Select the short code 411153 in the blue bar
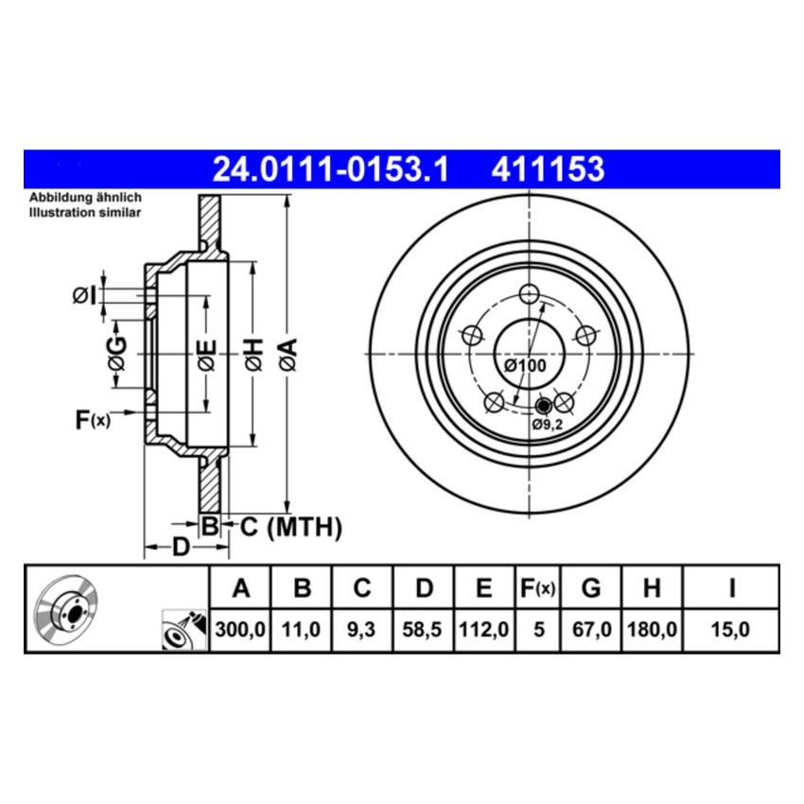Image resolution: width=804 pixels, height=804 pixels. pyautogui.click(x=546, y=169)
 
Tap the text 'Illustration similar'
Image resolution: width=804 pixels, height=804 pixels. pyautogui.click(x=85, y=213)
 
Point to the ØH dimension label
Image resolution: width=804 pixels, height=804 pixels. pyautogui.click(x=253, y=353)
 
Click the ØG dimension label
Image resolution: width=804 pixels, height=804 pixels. pyautogui.click(x=116, y=353)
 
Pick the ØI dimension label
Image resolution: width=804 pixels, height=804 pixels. pyautogui.click(x=84, y=296)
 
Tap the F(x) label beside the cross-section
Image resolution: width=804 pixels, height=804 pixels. pyautogui.click(x=93, y=419)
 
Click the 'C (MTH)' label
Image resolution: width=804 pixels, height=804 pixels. pyautogui.click(x=289, y=528)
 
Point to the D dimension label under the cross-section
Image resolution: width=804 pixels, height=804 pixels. pyautogui.click(x=181, y=547)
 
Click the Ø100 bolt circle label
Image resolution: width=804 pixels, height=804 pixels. pyautogui.click(x=525, y=365)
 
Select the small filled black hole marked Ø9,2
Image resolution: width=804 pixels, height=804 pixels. pyautogui.click(x=543, y=407)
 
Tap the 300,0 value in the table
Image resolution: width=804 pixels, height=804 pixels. pyautogui.click(x=240, y=627)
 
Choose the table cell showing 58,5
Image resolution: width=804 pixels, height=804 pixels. pyautogui.click(x=424, y=627)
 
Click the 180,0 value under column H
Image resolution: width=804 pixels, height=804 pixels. pyautogui.click(x=652, y=627)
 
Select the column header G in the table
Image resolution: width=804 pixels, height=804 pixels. pyautogui.click(x=591, y=588)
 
